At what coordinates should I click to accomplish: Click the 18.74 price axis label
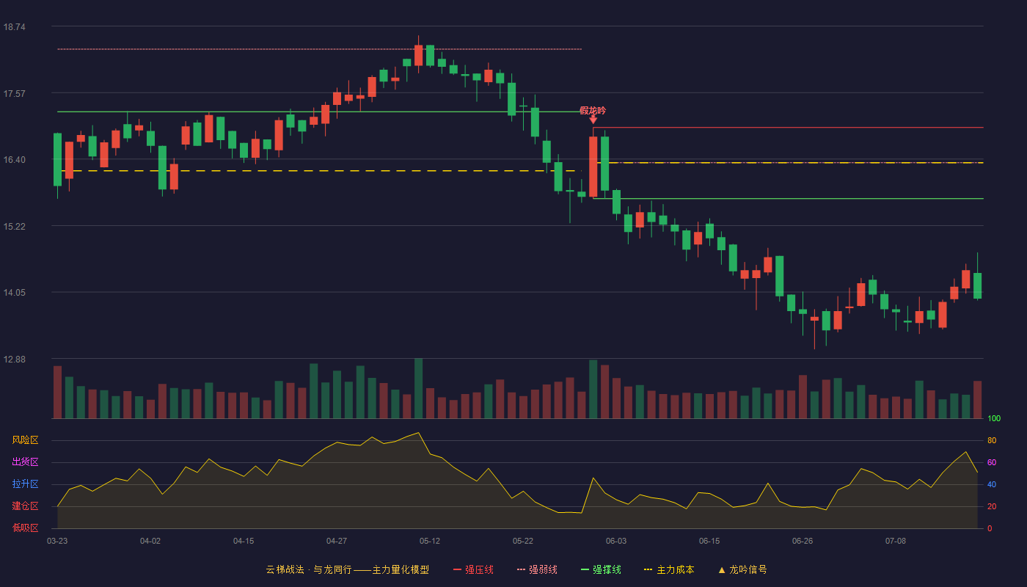14,27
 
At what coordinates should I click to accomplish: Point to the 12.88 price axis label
14,359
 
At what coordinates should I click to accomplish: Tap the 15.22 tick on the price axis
14,227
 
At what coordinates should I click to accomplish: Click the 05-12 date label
430,542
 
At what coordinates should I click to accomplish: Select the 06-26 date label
803,542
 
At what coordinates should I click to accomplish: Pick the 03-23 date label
57,542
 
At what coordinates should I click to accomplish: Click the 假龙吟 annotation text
593,111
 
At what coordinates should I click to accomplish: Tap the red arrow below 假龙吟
593,120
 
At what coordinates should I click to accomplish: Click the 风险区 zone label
25,440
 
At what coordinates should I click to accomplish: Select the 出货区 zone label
25,462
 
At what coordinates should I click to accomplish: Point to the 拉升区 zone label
25,484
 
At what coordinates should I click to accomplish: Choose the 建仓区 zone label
25,506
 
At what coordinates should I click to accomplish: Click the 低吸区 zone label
25,528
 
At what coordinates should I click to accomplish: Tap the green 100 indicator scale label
994,418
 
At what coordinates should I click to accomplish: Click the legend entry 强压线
474,569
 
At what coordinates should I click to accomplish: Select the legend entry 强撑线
601,569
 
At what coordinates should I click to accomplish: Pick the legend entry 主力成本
669,569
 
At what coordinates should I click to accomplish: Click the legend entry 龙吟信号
742,569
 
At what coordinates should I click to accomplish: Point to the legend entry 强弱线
537,569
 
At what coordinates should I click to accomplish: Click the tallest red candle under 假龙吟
593,167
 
